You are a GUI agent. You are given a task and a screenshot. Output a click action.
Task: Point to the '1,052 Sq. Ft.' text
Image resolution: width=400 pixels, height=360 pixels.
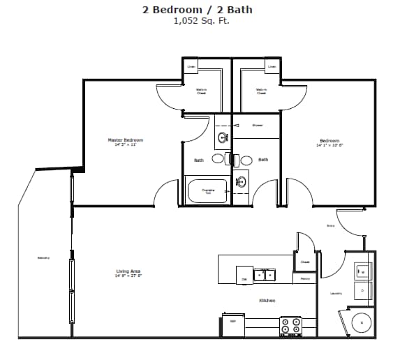tap(202, 21)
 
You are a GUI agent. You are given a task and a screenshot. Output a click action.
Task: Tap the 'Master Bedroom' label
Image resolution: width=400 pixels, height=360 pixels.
tap(126, 140)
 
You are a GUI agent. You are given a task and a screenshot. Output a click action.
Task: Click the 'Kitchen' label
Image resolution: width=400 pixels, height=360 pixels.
tap(267, 301)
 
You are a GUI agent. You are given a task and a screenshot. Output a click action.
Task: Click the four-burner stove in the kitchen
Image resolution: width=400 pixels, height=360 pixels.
tap(290, 325)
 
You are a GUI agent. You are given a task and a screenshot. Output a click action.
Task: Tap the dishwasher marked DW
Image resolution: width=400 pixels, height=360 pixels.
tap(244, 275)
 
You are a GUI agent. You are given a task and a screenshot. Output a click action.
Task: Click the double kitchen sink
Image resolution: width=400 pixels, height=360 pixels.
tap(264, 275)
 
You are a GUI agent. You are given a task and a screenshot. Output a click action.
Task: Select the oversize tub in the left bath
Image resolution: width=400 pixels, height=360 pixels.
tap(207, 190)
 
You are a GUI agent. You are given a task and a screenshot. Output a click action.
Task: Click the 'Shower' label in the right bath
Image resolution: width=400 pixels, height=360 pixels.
tap(257, 126)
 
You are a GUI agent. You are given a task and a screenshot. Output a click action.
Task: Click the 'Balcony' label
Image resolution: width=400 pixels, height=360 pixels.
tap(43, 258)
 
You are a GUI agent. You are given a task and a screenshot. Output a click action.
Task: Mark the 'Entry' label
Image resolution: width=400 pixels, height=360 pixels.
tap(331, 226)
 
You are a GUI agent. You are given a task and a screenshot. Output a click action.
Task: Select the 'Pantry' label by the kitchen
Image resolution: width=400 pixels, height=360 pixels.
tap(305, 279)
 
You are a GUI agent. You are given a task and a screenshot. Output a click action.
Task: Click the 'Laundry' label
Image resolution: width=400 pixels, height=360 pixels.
tap(336, 293)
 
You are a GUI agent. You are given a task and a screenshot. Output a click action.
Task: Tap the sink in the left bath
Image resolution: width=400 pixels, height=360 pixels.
tap(223, 137)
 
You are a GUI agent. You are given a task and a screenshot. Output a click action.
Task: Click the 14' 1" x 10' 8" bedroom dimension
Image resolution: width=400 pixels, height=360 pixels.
tap(329, 144)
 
